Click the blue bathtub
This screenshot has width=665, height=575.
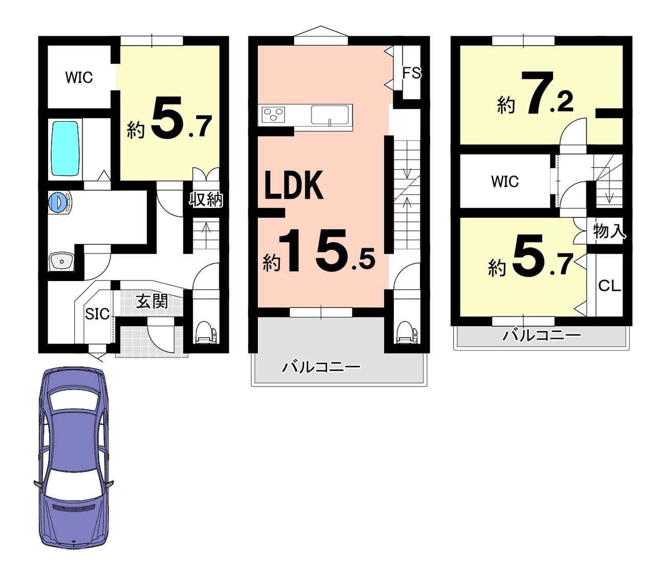click(65, 149)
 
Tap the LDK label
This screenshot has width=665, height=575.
click(294, 186)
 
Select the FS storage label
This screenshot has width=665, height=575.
click(411, 73)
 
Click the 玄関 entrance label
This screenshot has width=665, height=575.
click(152, 302)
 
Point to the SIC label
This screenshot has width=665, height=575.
click(97, 314)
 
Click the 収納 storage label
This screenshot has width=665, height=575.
click(206, 199)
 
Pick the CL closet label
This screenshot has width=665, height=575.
click(610, 285)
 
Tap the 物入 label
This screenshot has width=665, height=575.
click(610, 231)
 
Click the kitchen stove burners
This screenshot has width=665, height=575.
click(274, 114)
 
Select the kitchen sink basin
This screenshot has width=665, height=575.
click(330, 114)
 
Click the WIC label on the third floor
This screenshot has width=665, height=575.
click(505, 181)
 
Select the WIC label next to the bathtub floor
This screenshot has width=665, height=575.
click(79, 78)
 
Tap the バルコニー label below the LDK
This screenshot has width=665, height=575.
click(321, 367)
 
